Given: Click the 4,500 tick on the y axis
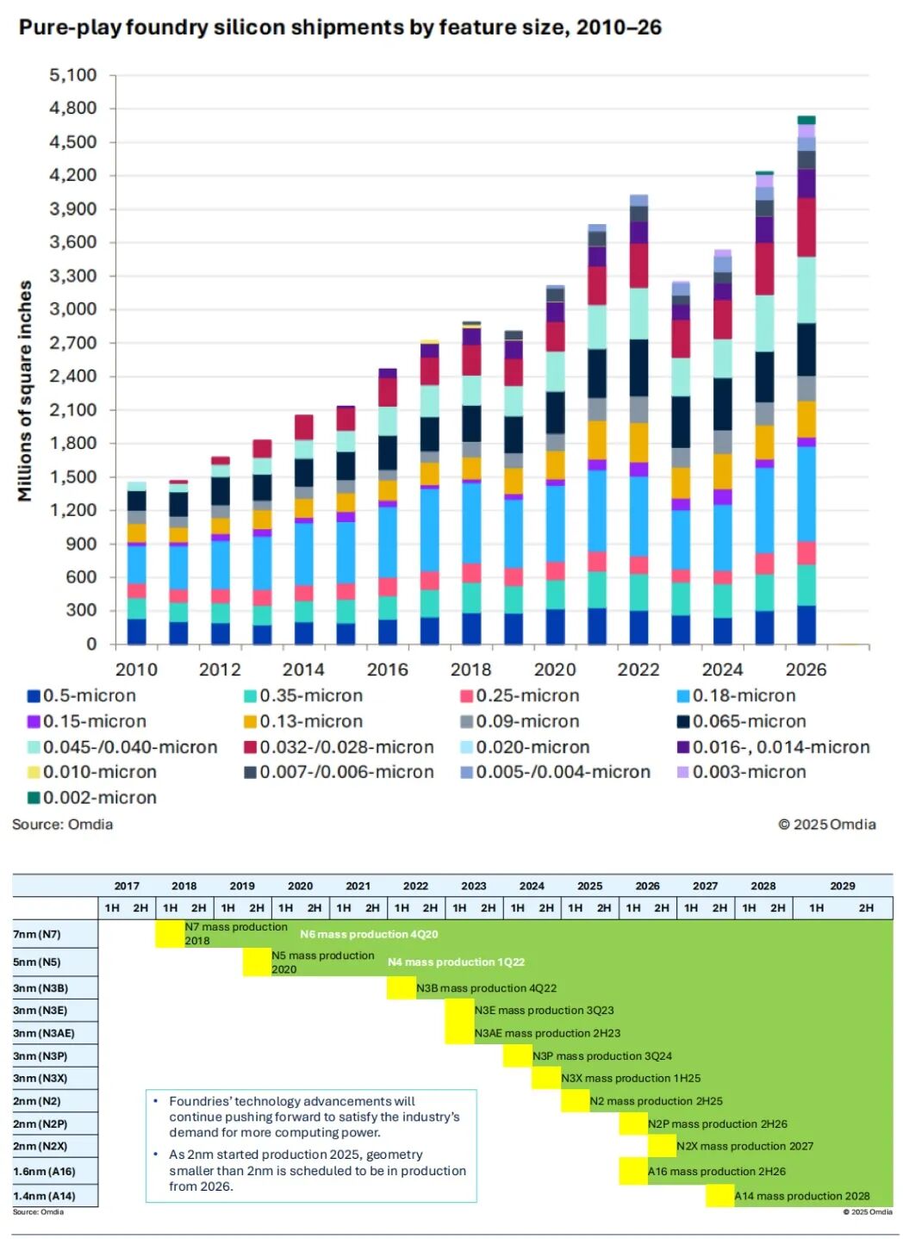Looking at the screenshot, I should (72, 142).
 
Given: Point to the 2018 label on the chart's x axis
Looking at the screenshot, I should (470, 669).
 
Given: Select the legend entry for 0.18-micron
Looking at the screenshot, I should (744, 695).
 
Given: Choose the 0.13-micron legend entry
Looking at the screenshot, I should (311, 721).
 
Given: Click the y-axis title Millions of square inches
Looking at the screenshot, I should (25, 390).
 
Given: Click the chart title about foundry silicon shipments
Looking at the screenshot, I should (339, 28).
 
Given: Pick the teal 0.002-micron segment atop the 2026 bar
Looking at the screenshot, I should (806, 120).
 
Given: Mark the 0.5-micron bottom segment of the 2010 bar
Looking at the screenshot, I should (136, 632).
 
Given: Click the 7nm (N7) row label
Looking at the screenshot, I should (37, 934).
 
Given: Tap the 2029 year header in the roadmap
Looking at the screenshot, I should (842, 886).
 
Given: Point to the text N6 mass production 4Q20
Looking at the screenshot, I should (369, 934).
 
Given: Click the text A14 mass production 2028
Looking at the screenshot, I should (801, 1196).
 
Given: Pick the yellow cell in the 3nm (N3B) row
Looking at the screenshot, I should (402, 988).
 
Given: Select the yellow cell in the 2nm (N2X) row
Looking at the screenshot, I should (662, 1146).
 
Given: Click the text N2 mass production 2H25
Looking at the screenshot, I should (656, 1101).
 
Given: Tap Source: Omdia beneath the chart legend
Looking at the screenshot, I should (62, 825).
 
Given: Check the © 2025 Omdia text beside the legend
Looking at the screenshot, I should (826, 825).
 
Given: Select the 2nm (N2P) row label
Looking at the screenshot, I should (40, 1124).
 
